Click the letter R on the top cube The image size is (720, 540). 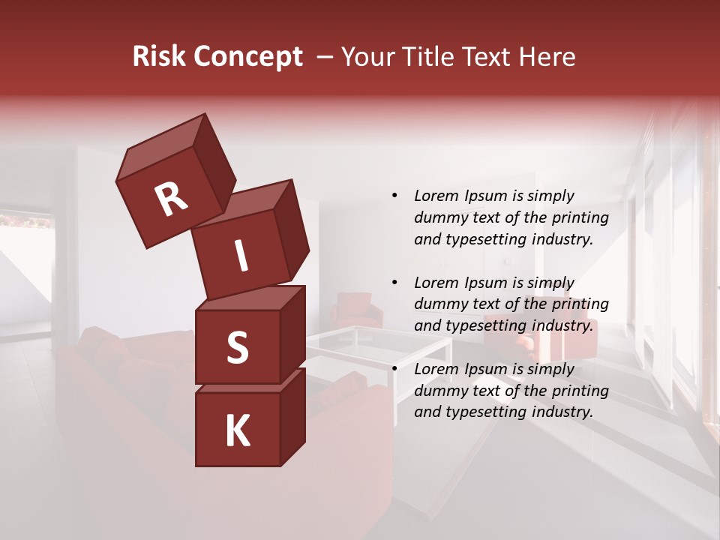coord(171,199)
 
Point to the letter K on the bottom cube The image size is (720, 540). coord(237,431)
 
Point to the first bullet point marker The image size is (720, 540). coord(394,196)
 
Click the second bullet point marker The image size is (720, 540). coord(394,283)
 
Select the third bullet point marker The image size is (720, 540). coord(394,369)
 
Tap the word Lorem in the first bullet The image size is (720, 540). coord(436,196)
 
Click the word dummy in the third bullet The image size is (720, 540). coord(439,391)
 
